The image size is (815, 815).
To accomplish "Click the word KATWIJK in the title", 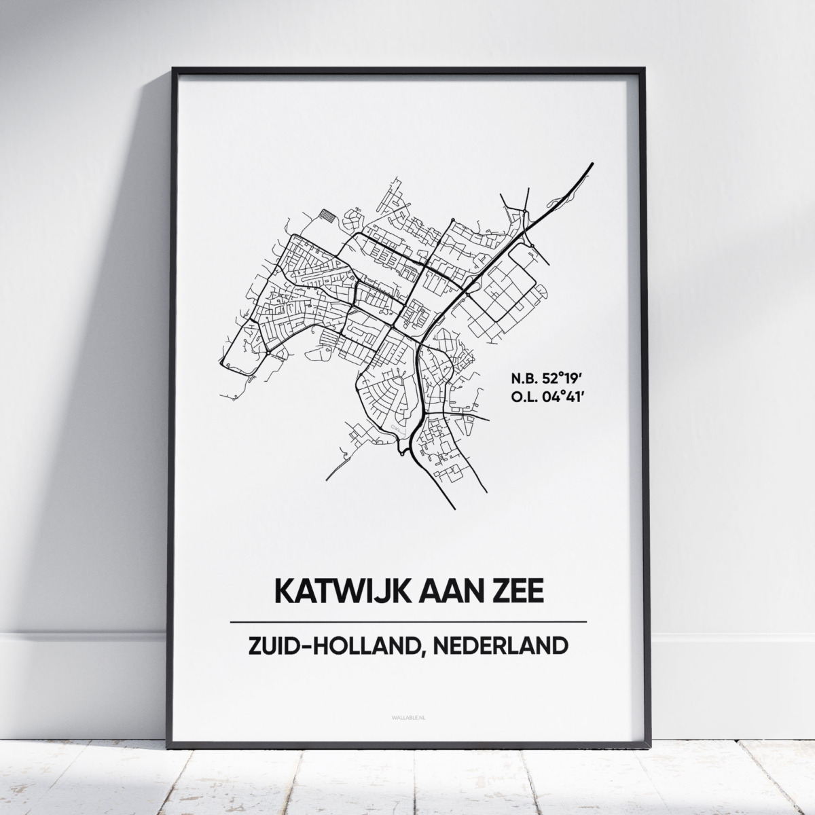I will pos(330,590).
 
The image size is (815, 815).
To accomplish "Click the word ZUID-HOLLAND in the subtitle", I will pos(314,645).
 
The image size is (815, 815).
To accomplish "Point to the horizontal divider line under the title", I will pos(408,622).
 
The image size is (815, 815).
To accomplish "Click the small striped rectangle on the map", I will pos(328,214).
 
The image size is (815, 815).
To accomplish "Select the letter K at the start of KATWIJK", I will pos(283,590).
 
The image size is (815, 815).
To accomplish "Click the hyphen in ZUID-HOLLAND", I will pos(303,645).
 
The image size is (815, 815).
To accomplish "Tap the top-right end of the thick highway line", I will pos(592,164).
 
